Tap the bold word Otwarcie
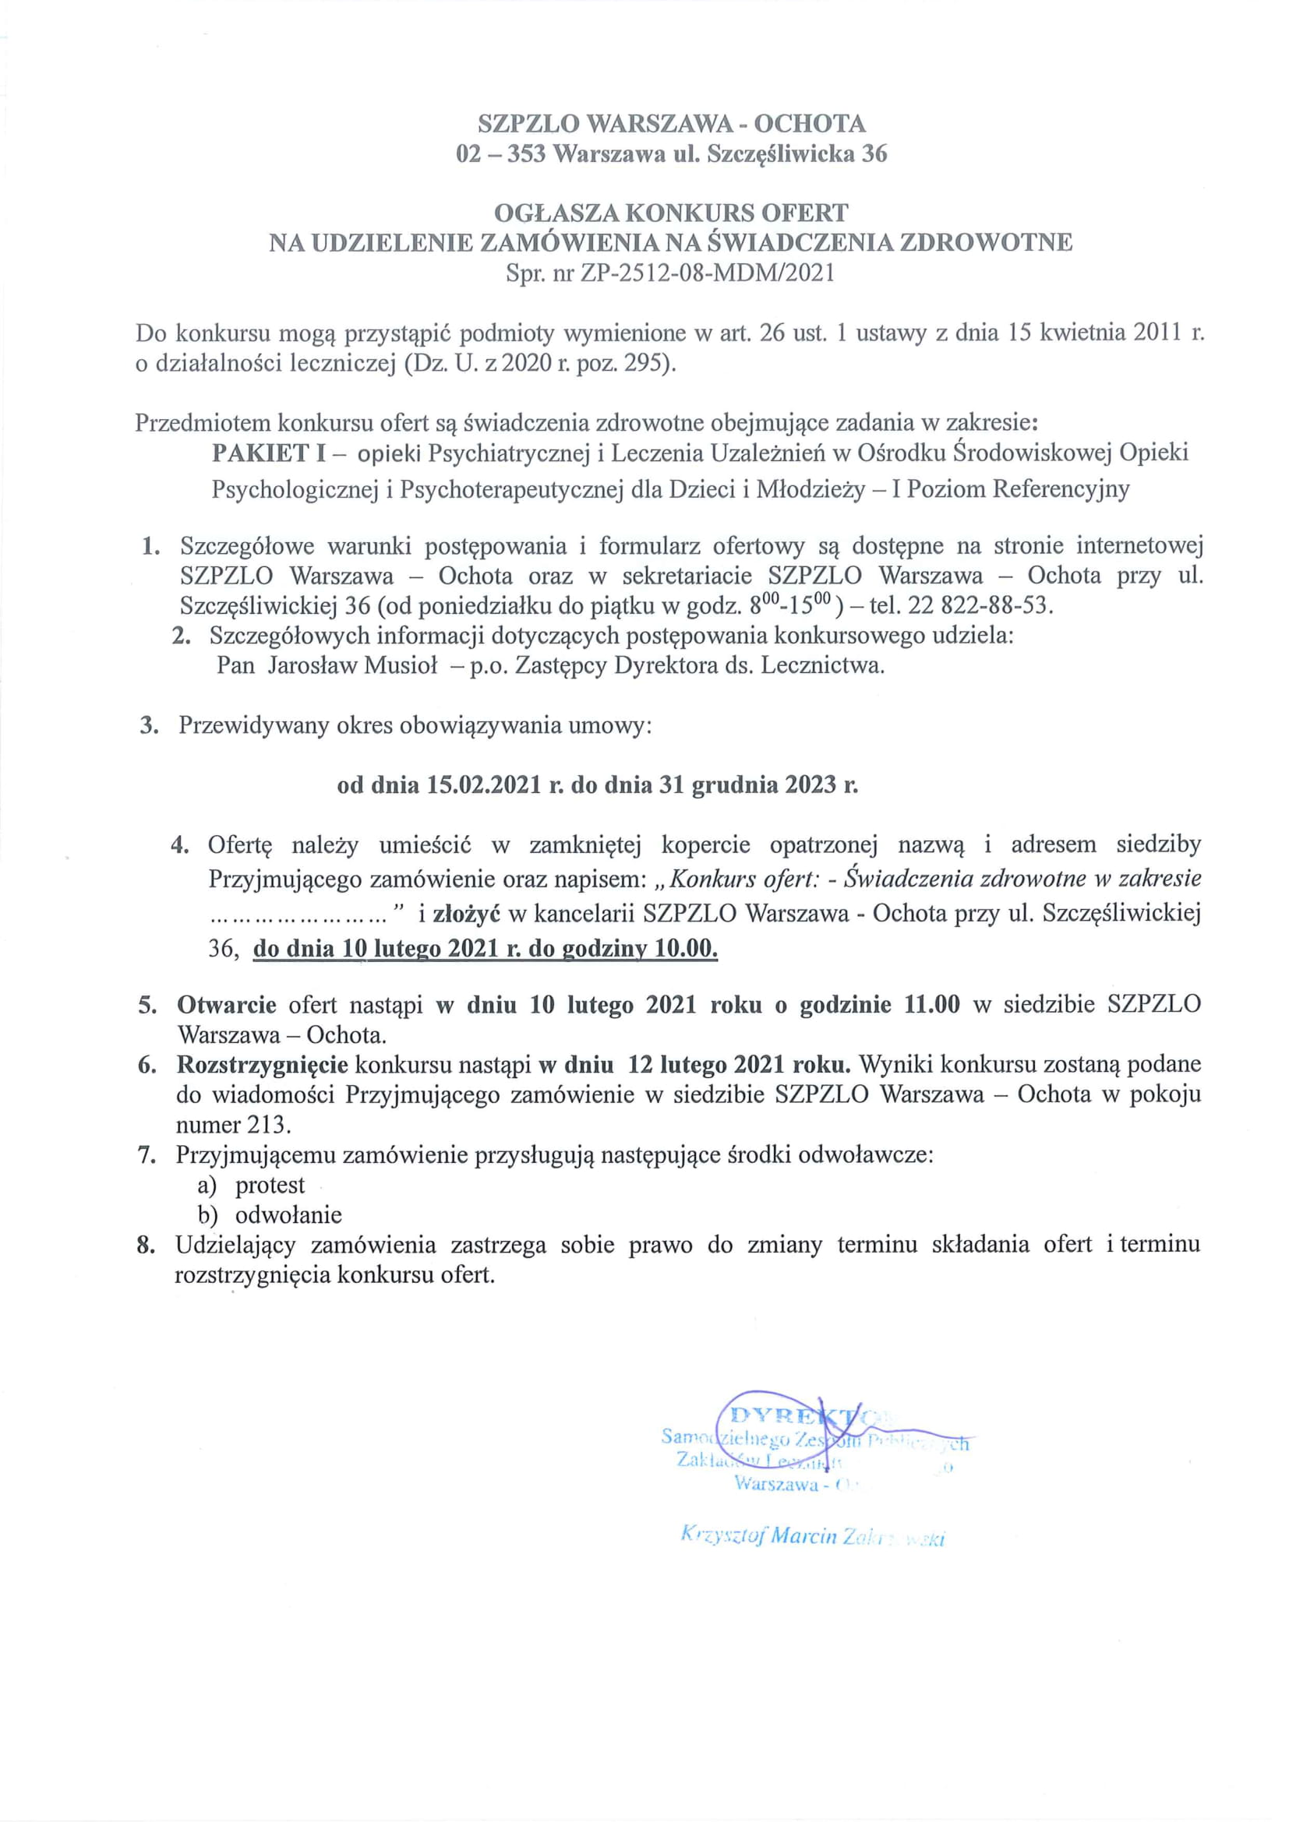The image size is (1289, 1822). pyautogui.click(x=227, y=1005)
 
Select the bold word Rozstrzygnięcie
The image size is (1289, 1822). pyautogui.click(x=262, y=1064)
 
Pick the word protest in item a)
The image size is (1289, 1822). pyautogui.click(x=270, y=1185)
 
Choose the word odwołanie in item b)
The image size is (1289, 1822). pyautogui.click(x=289, y=1215)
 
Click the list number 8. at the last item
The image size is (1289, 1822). pyautogui.click(x=145, y=1245)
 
